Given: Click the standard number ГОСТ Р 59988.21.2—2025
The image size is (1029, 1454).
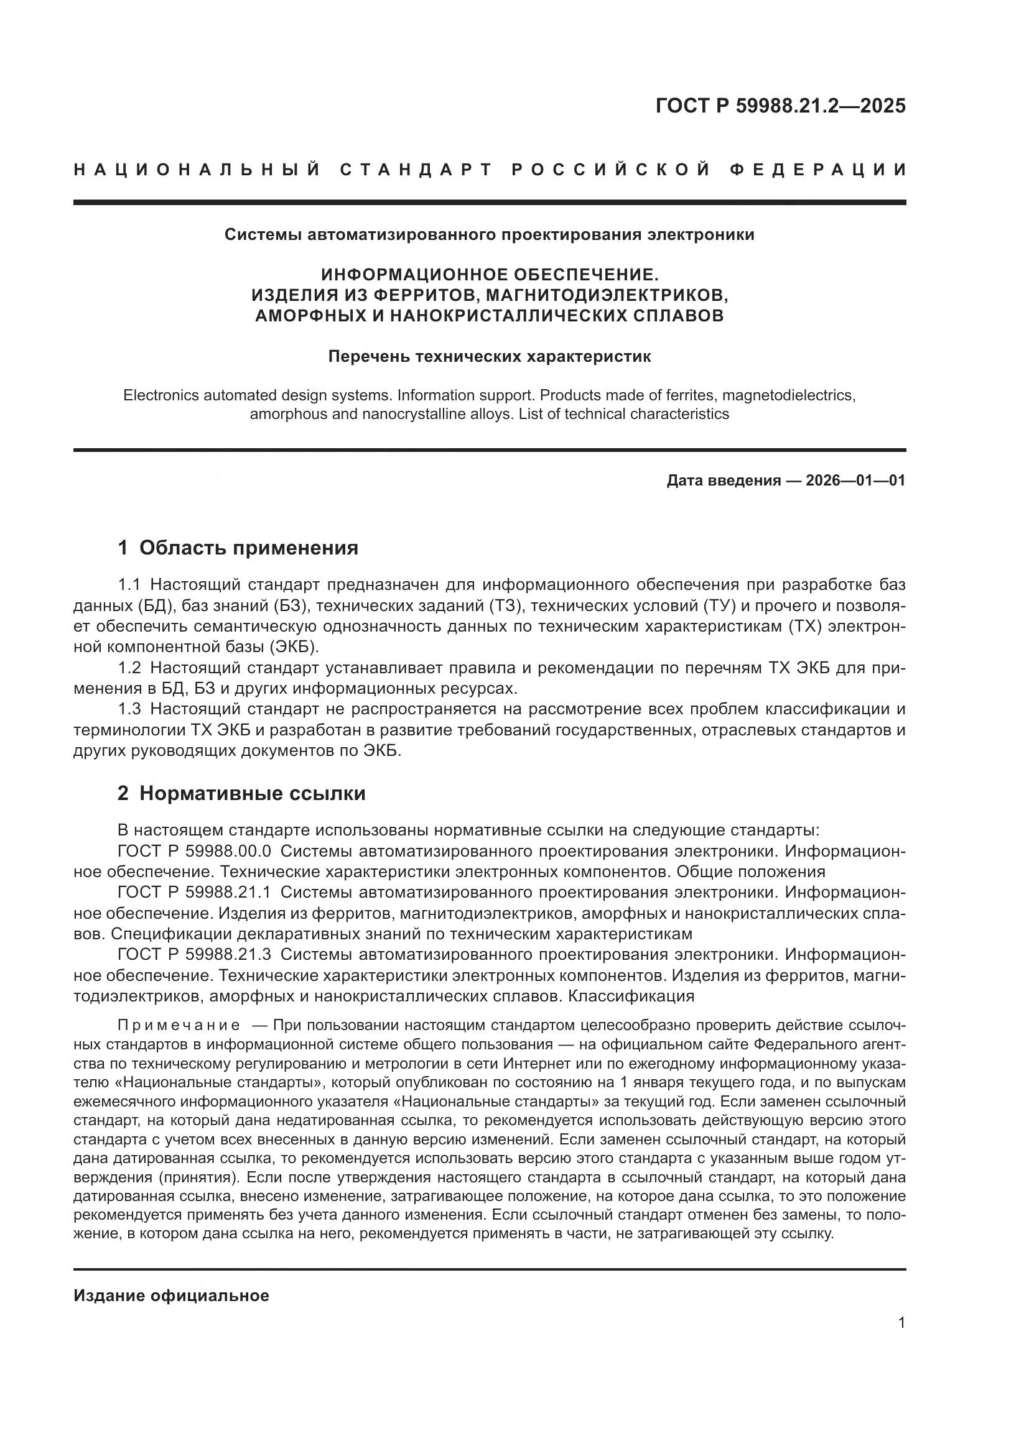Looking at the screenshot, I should (x=780, y=106).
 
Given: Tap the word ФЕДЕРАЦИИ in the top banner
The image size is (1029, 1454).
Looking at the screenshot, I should (x=817, y=170).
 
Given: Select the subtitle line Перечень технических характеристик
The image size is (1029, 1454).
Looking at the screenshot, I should (x=489, y=357).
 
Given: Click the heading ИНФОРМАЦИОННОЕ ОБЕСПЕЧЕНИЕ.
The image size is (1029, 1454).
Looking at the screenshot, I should (x=489, y=274).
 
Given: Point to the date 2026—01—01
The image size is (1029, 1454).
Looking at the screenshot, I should (x=855, y=481).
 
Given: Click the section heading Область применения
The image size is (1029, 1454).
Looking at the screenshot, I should (x=248, y=548).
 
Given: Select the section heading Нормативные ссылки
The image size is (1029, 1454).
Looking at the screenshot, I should (x=252, y=793).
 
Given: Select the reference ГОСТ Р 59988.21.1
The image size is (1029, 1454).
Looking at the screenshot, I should (x=195, y=892).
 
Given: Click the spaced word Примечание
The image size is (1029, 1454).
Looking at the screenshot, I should (x=179, y=1025).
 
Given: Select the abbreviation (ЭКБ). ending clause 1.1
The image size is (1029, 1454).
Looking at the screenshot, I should (x=295, y=647).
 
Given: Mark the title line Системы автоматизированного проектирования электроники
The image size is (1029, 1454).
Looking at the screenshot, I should (x=489, y=235).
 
